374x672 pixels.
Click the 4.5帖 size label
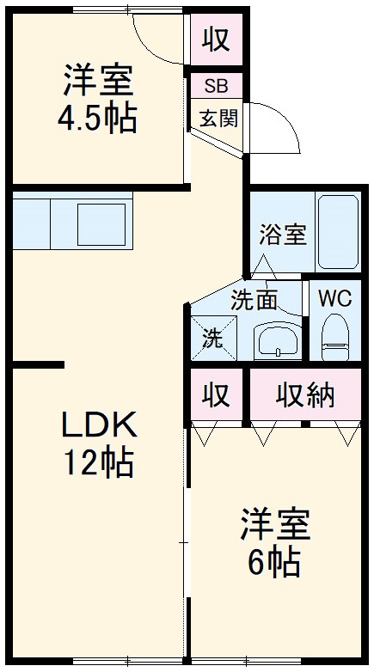(97, 119)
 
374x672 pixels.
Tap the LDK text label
(97, 424)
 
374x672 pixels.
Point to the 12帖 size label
(97, 464)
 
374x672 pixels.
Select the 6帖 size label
(274, 563)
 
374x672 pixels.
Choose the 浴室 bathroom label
(283, 235)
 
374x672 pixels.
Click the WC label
(334, 300)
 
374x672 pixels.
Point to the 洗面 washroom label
(254, 300)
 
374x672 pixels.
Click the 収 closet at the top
(215, 39)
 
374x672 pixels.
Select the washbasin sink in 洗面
(276, 341)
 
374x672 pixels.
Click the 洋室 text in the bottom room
(274, 524)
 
